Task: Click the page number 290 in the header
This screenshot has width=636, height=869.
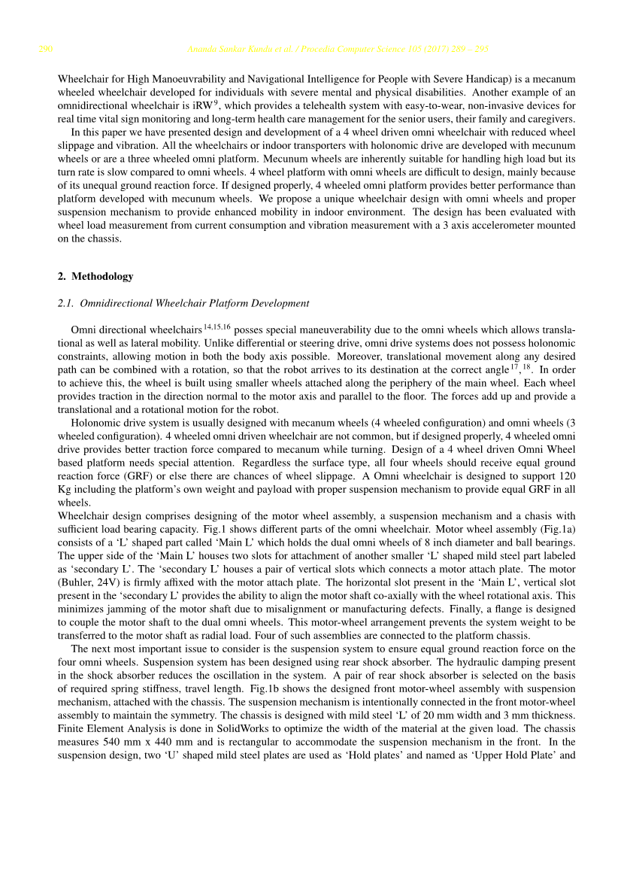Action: point(45,50)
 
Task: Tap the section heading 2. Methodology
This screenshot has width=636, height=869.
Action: point(95,276)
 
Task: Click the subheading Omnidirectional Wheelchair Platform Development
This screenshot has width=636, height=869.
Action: point(194,303)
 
